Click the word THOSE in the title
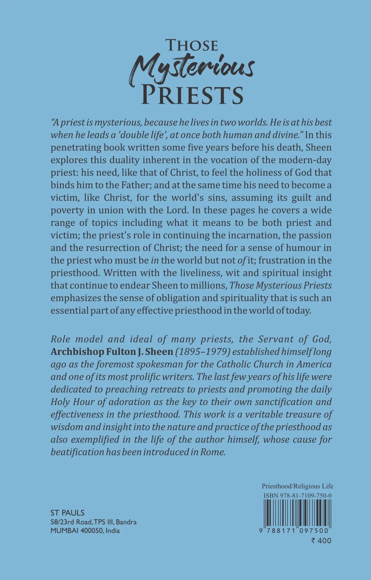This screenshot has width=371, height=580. (x=192, y=45)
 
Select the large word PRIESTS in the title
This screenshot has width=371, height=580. (x=192, y=95)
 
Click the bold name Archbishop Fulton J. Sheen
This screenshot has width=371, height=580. (x=112, y=352)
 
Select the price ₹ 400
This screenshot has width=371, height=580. (x=321, y=541)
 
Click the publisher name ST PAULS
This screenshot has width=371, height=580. (x=68, y=513)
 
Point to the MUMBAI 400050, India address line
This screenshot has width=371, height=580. (x=85, y=530)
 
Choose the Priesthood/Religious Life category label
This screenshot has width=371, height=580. (x=297, y=486)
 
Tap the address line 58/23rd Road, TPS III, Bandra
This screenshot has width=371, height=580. (x=94, y=522)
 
